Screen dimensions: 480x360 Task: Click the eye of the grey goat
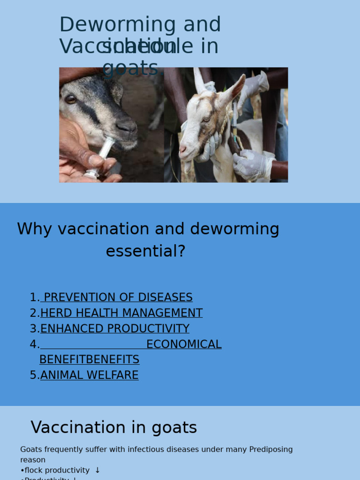[71, 99]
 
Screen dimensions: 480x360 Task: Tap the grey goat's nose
[126, 126]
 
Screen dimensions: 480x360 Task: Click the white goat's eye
[206, 120]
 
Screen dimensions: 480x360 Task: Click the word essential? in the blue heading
[145, 251]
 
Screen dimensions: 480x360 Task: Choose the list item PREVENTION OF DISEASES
[118, 298]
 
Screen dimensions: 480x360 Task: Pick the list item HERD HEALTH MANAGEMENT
[121, 313]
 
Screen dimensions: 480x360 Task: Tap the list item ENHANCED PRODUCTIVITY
[115, 329]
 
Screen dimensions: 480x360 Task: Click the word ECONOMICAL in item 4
[184, 345]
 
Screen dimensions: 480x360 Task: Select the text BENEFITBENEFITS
[89, 360]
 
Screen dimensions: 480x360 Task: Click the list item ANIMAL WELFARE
[90, 375]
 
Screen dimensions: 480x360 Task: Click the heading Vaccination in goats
[114, 427]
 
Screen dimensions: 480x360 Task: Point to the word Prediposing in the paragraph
[271, 450]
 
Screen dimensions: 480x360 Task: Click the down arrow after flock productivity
[97, 470]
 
